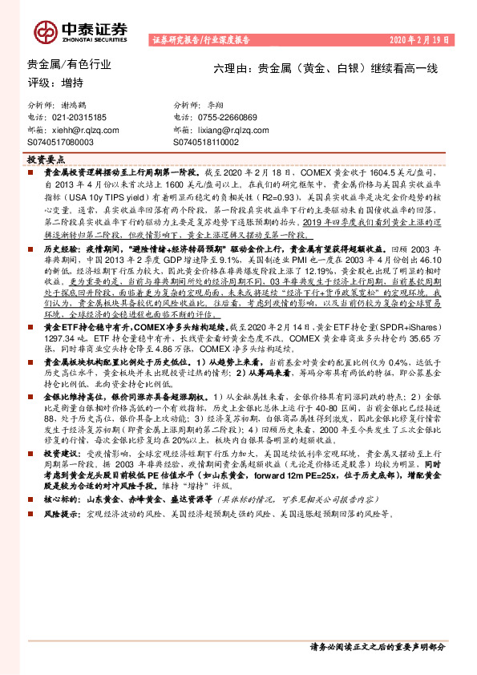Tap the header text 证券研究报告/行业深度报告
click(200, 38)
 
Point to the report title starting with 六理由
click(325, 70)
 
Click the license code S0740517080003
click(65, 141)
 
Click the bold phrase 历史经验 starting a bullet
click(58, 250)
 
